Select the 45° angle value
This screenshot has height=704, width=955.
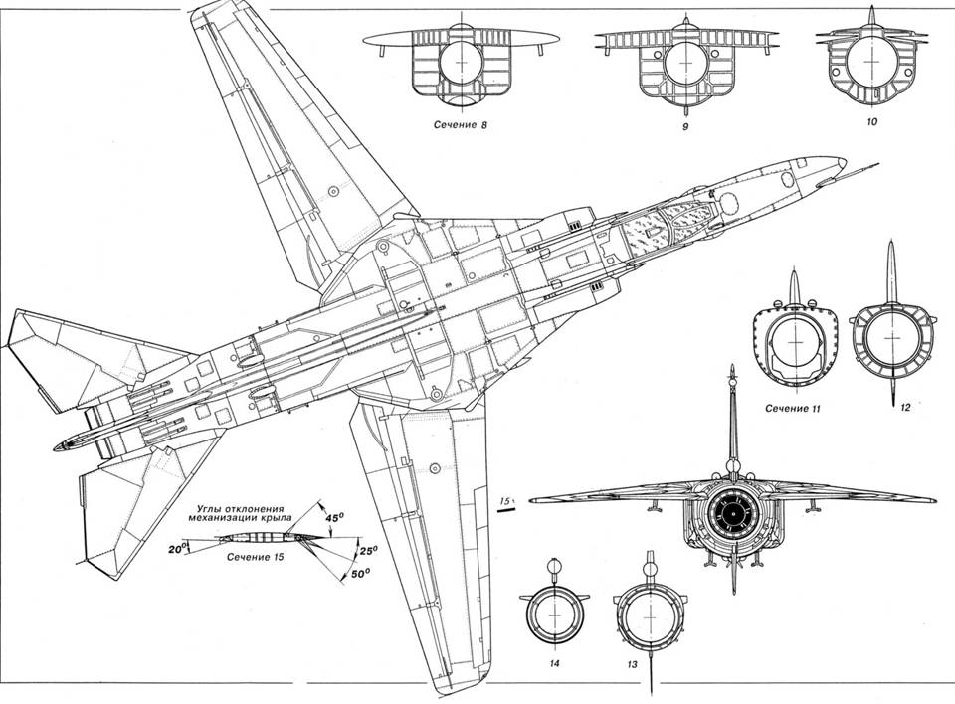click(x=335, y=515)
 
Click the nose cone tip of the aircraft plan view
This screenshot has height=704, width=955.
click(x=844, y=160)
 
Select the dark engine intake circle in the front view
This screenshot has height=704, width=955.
click(x=733, y=511)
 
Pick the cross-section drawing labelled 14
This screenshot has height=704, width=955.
click(x=554, y=617)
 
